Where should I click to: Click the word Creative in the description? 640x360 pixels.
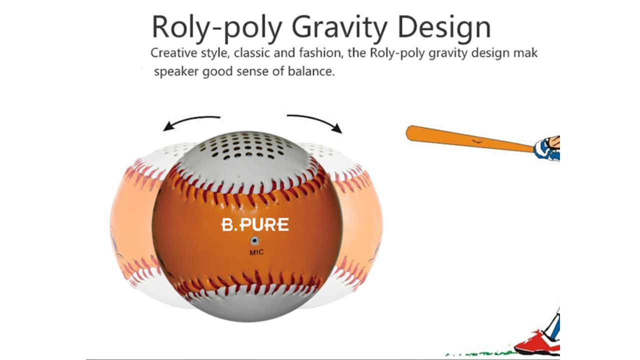point(173,53)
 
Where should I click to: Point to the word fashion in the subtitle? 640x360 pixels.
point(321,53)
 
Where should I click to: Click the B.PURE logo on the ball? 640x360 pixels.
point(255,225)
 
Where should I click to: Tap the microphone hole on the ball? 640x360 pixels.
point(255,241)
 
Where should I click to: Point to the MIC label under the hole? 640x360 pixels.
point(256,252)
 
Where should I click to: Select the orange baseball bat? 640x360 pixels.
point(469,138)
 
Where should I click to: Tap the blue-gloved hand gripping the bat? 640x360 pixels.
point(547,148)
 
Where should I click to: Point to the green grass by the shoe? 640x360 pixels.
point(483,353)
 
